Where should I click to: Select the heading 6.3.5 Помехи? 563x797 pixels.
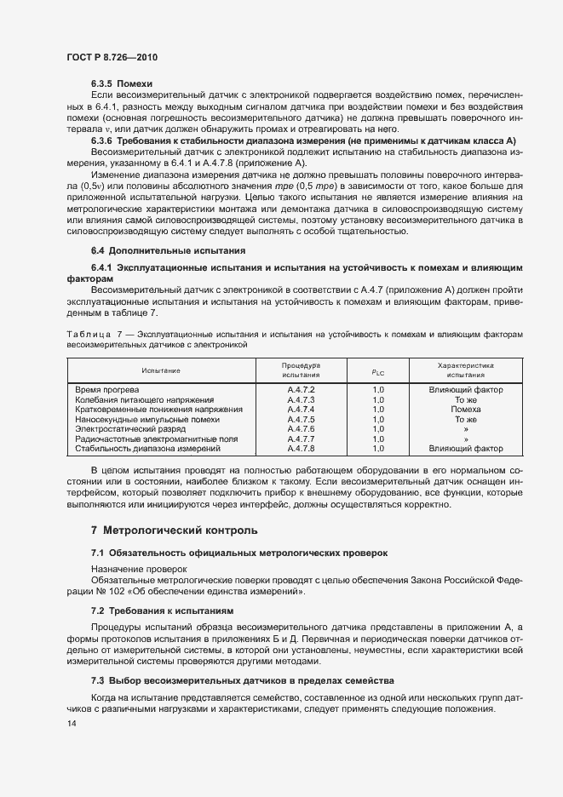(122, 84)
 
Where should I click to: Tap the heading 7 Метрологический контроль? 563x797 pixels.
(174, 530)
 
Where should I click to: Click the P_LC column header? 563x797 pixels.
(378, 371)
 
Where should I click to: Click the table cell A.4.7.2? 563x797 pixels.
(301, 390)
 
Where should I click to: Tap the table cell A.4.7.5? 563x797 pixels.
(301, 419)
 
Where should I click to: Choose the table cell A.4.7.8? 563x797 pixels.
(301, 448)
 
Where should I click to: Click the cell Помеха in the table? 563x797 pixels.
(465, 410)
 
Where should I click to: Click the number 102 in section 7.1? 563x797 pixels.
(112, 591)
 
